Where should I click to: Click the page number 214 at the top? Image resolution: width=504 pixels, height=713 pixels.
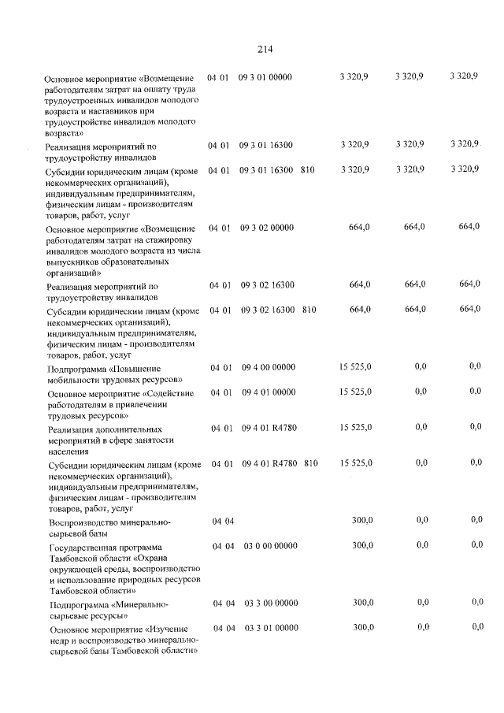click(x=264, y=49)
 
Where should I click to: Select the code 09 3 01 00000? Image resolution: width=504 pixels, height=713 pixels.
click(x=265, y=76)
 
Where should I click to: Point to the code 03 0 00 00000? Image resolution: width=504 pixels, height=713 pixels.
click(x=271, y=545)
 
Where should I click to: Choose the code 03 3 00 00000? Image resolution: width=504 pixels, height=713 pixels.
click(x=271, y=603)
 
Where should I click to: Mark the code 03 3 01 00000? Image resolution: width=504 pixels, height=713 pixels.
click(x=271, y=627)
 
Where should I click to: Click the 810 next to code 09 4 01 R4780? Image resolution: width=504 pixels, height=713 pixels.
click(x=310, y=463)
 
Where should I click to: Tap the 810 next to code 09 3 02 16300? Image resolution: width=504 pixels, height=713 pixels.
click(x=309, y=310)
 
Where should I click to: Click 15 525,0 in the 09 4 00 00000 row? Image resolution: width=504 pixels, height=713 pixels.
click(x=356, y=368)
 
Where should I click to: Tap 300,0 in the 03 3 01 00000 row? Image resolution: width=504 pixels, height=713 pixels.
click(x=363, y=627)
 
